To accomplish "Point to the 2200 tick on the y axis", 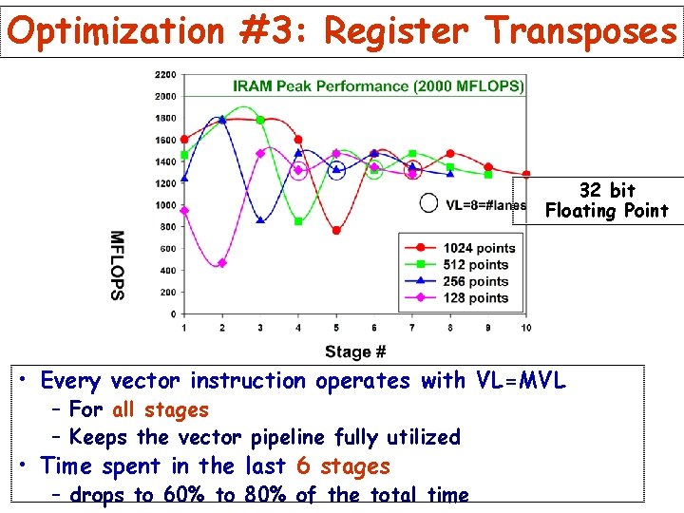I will (x=164, y=74).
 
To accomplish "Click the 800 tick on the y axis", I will (x=167, y=227).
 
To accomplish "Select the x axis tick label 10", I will (x=525, y=328).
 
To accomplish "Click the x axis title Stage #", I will (x=355, y=351).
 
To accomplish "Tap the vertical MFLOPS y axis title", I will (x=117, y=265).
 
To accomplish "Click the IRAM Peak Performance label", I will (x=378, y=85).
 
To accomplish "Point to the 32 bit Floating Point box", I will (x=607, y=200).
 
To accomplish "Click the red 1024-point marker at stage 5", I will (x=336, y=230).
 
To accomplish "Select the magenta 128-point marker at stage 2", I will (x=222, y=263).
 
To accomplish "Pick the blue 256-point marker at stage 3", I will (x=260, y=219).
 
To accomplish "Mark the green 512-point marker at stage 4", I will (x=298, y=221).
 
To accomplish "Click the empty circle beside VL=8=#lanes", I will (x=429, y=203).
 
